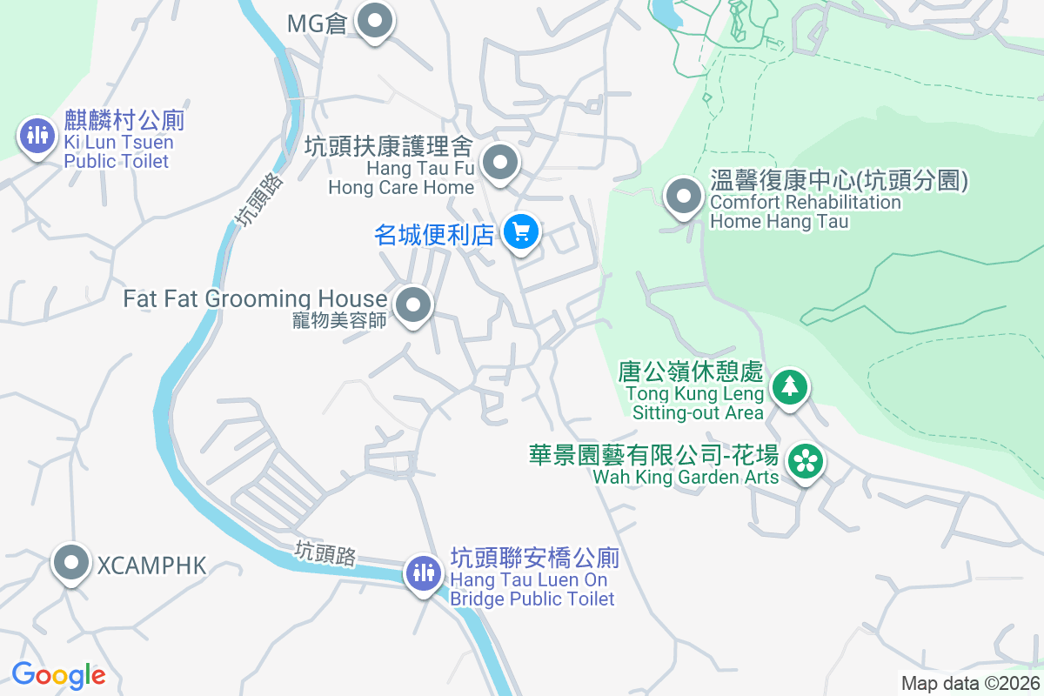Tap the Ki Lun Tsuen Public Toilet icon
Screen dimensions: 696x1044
(x=37, y=137)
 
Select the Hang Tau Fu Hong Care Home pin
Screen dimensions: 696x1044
(x=500, y=163)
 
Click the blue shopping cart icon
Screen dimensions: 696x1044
(x=521, y=232)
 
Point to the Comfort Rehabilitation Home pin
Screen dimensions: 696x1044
(x=683, y=196)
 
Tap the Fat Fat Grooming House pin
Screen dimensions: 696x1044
(x=413, y=305)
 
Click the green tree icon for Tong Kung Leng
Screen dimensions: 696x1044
(x=789, y=385)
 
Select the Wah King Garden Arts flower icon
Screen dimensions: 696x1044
(x=806, y=461)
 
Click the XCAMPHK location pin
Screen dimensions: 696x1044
(x=71, y=564)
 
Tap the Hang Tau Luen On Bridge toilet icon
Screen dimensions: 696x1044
(x=424, y=572)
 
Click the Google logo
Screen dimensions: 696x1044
(x=58, y=674)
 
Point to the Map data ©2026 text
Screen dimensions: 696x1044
(x=970, y=683)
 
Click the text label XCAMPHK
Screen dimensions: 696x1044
(x=151, y=566)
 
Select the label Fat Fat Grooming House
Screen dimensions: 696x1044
(x=255, y=299)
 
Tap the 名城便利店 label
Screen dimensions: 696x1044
(x=434, y=234)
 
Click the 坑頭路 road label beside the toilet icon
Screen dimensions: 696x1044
(x=325, y=553)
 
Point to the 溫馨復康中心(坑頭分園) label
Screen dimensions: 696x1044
(x=839, y=182)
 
